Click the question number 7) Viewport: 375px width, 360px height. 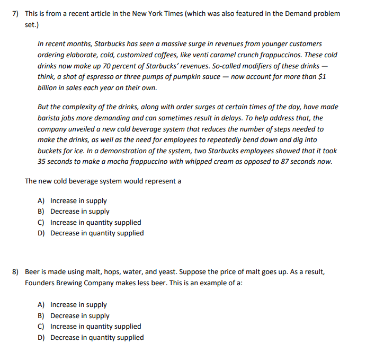tap(16, 14)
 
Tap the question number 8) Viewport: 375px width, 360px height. tap(16, 272)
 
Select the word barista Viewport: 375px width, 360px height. tap(48, 118)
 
